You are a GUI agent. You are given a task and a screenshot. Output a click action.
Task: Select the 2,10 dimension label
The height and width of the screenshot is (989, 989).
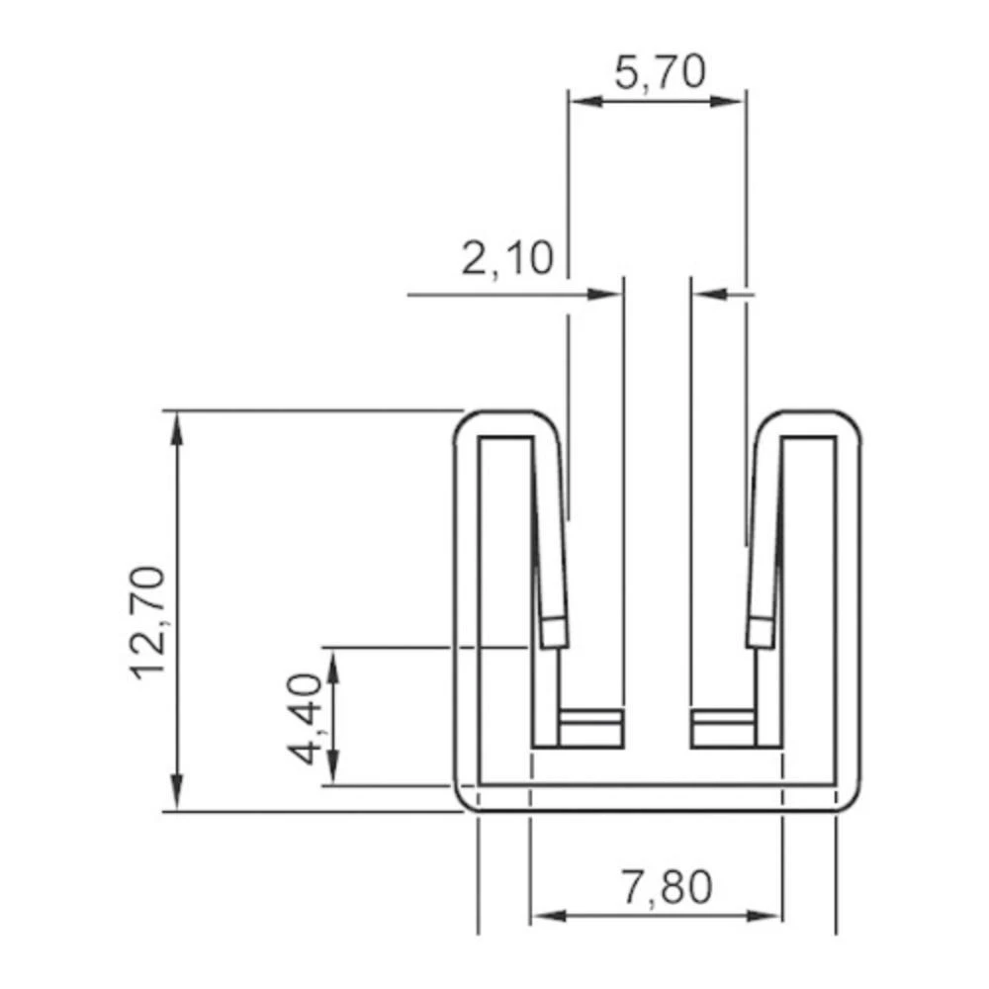click(507, 259)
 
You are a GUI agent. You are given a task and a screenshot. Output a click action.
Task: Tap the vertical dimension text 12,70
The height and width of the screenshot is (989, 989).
click(148, 621)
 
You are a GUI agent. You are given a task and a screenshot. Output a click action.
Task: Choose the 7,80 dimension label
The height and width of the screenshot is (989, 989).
click(666, 887)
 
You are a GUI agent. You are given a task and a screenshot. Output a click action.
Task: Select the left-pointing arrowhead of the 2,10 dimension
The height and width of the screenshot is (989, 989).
click(709, 294)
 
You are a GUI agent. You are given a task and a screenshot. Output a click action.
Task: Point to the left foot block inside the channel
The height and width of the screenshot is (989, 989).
click(590, 728)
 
